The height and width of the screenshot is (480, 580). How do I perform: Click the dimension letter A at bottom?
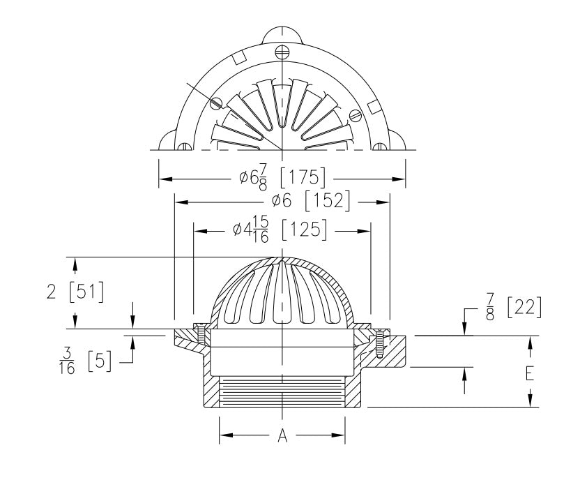click(282, 436)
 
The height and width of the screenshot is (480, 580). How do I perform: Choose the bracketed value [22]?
click(523, 307)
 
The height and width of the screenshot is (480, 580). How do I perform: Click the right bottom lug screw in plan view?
click(381, 147)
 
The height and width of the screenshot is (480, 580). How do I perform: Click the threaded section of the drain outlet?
click(282, 394)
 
